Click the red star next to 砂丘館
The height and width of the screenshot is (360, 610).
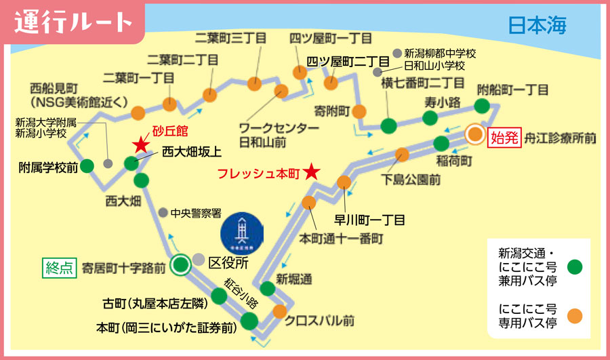point(140,144)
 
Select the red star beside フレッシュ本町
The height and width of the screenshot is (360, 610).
point(311,172)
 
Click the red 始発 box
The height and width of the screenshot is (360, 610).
point(504,138)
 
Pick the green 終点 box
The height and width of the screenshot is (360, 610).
point(58,266)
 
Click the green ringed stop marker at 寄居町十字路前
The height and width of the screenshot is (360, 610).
point(180,265)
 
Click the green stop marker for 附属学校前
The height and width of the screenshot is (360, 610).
point(87,166)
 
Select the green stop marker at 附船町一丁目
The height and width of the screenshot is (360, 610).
point(482,106)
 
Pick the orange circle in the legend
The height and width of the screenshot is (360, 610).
point(576,315)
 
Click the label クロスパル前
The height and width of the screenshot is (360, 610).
point(319,320)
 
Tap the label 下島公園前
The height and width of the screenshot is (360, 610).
point(411,180)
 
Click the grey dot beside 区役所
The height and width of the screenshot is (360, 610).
point(199,260)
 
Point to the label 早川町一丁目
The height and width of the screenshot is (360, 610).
point(369,220)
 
